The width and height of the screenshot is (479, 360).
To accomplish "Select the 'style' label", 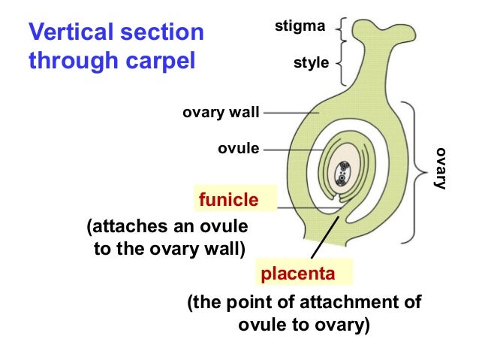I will pos(311,63).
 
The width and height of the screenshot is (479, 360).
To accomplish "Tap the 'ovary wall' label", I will pos(221,113).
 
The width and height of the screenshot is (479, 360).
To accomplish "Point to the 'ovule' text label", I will pos(238,149).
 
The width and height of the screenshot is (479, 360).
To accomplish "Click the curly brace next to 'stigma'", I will pos(342,29).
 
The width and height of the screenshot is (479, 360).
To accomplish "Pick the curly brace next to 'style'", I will pos(342,65).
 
